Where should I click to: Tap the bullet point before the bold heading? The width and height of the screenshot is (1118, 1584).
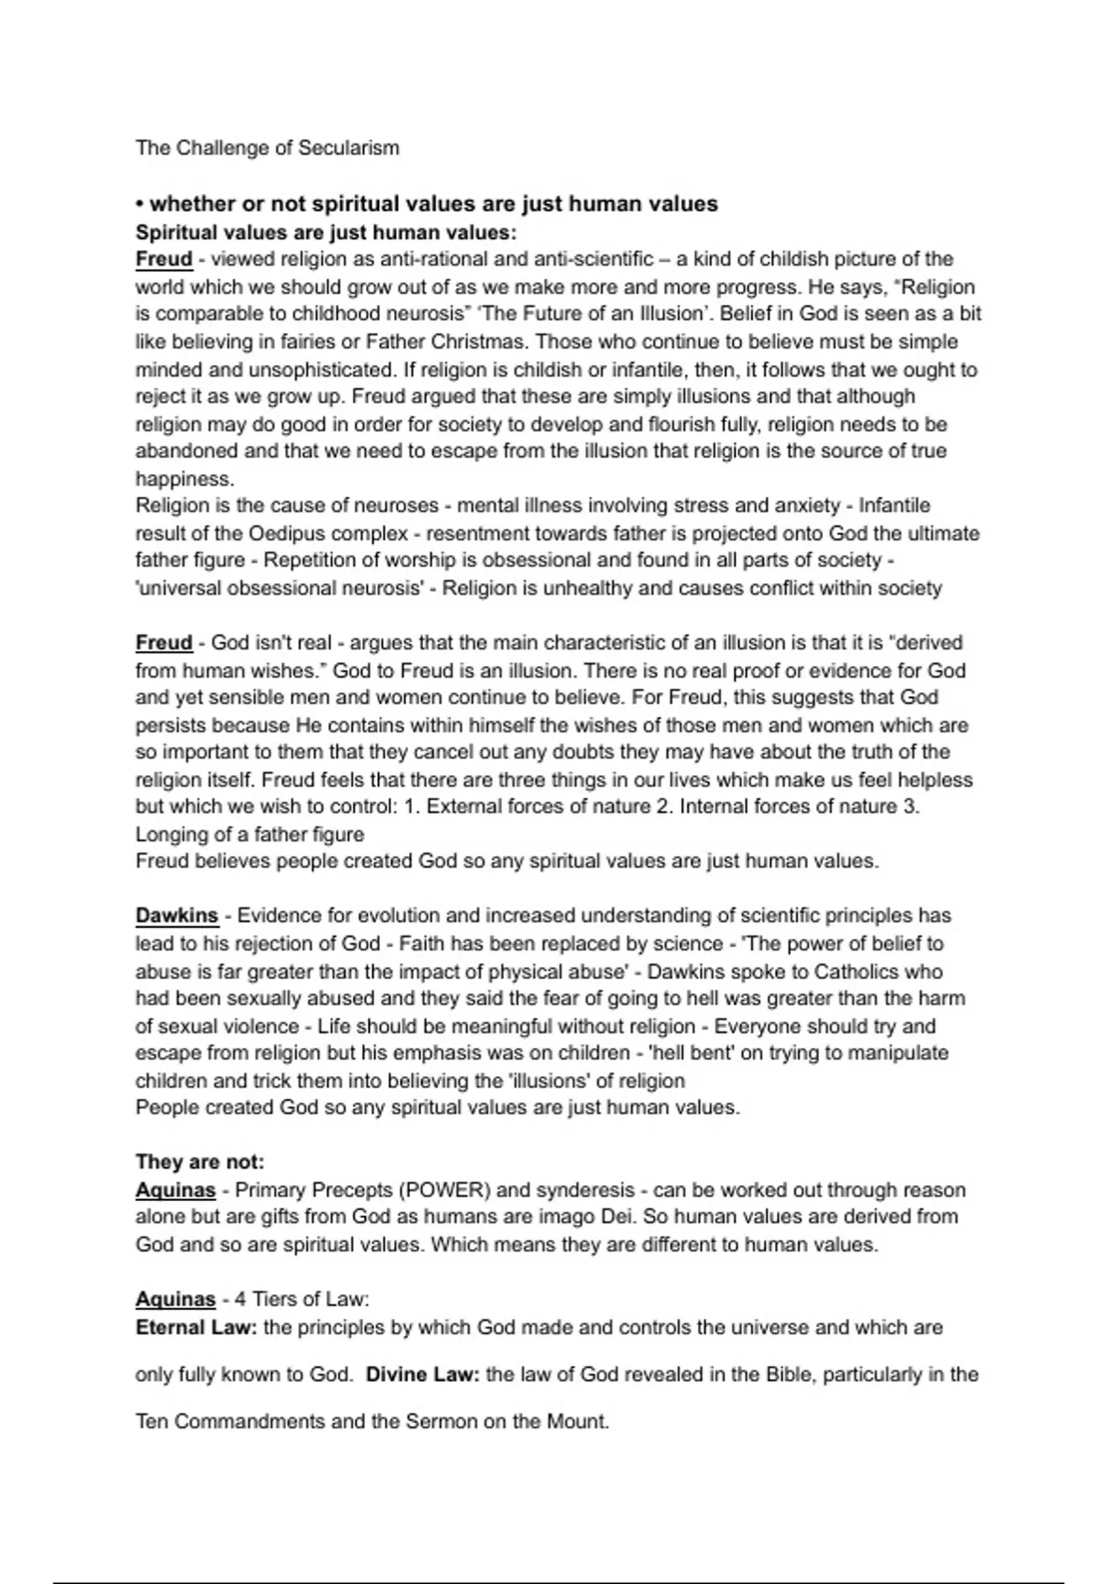[x=139, y=204]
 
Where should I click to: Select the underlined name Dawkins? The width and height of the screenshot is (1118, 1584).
[x=176, y=916]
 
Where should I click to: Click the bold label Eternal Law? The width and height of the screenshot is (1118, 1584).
[x=196, y=1328]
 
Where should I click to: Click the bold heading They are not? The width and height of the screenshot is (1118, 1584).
[x=200, y=1162]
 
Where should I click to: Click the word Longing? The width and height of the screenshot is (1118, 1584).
[x=171, y=834]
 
